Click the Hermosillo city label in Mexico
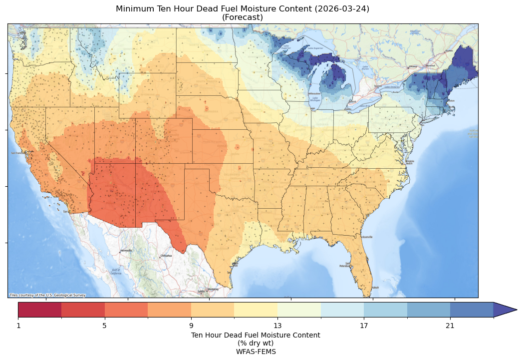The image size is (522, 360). click(126, 250)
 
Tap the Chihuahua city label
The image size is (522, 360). click(166, 256)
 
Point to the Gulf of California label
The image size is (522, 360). click(115, 272)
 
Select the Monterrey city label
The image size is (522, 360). click(213, 289)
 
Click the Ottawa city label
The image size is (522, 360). click(413, 66)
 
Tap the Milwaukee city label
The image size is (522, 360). click(314, 93)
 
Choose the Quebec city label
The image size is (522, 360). click(449, 50)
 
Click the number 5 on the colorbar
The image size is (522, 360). click(104, 326)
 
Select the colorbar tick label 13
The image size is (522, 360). click(277, 326)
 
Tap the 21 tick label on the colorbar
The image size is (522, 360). click(450, 326)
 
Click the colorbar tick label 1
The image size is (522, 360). click(18, 326)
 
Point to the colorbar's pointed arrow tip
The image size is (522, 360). click(516, 310)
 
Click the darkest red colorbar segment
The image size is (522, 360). click(40, 310)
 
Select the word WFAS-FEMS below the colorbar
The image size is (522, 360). click(256, 351)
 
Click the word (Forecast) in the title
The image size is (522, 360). click(243, 17)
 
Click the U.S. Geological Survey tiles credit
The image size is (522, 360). click(47, 295)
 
